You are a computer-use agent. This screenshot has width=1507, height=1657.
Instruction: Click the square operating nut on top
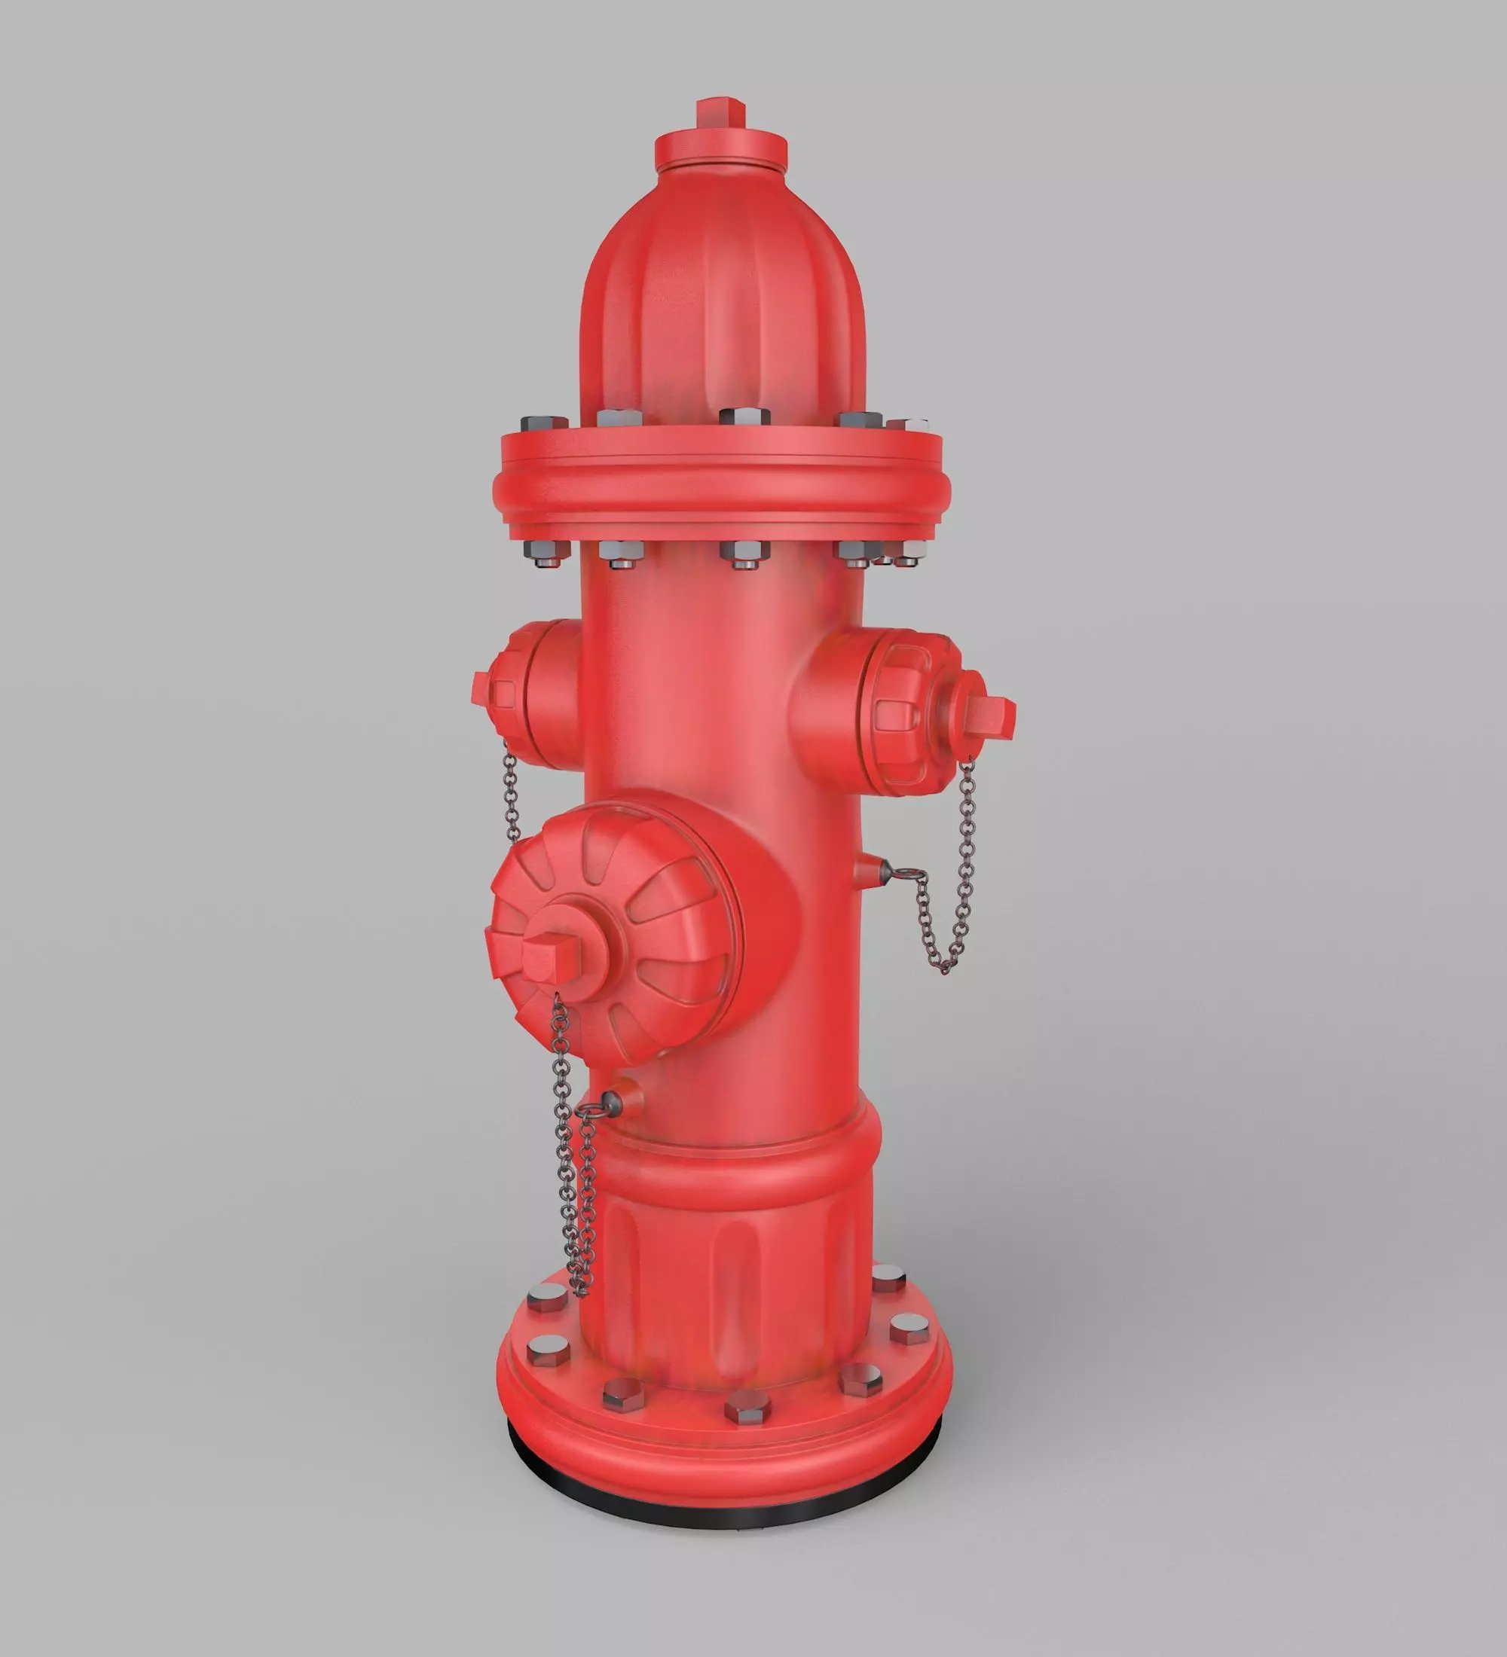point(720,113)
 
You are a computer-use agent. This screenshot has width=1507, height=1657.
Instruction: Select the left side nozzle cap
point(526,694)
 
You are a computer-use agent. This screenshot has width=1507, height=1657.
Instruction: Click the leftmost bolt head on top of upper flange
point(543,424)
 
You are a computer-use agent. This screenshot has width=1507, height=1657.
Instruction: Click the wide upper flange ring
point(723,485)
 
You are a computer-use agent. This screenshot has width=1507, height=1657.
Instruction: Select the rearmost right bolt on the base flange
point(888,1278)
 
